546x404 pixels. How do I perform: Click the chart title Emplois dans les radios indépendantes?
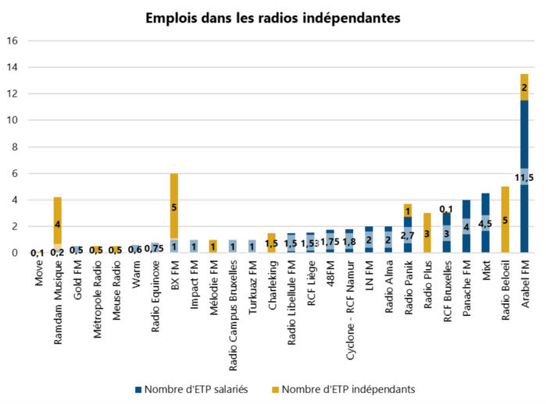273,17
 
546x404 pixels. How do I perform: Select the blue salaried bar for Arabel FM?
523,140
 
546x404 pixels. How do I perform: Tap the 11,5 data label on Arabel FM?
523,178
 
